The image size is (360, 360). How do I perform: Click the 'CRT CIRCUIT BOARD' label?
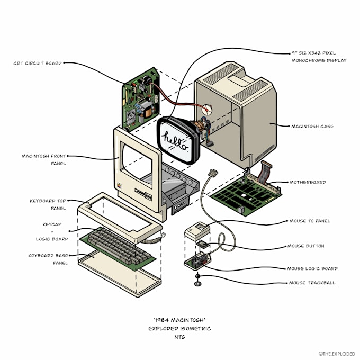[x=38, y=63]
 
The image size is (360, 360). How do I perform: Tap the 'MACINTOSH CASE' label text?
[x=312, y=127]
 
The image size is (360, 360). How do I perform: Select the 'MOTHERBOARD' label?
[x=308, y=182]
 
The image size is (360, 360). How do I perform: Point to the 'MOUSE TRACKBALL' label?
[x=312, y=283]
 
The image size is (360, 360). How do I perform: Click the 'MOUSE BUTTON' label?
[x=306, y=246]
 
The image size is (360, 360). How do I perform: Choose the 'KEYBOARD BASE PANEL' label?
[x=48, y=259]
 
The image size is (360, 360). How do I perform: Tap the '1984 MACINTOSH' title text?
[x=179, y=320]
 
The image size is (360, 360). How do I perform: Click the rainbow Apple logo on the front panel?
[x=119, y=185]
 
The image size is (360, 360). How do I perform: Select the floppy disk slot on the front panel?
[x=143, y=194]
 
